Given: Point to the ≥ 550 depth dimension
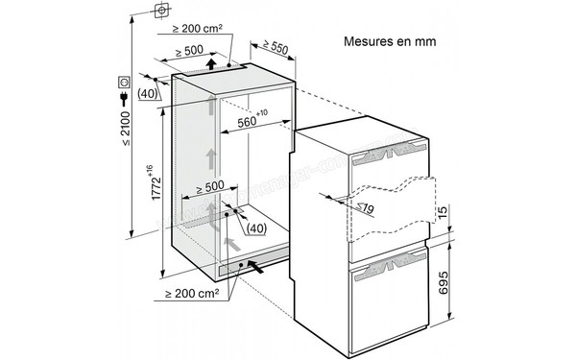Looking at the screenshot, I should pyautogui.click(x=276, y=45).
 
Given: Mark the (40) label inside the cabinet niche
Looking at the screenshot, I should pyautogui.click(x=253, y=228).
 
